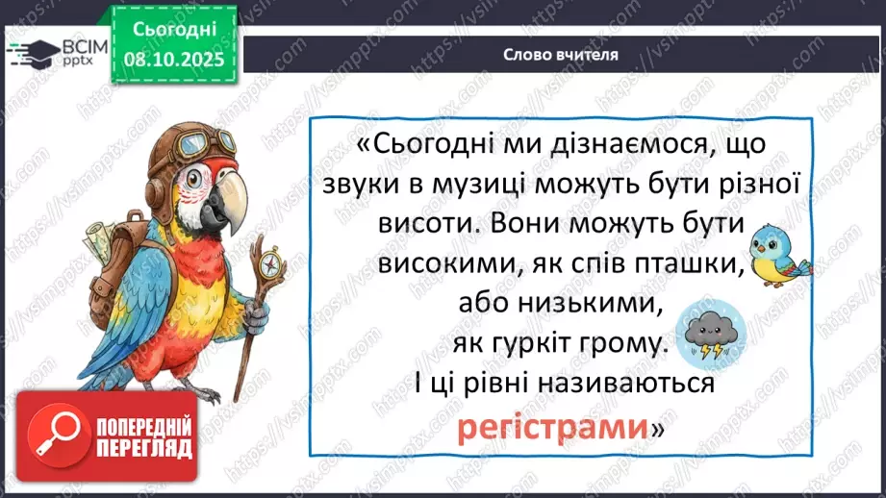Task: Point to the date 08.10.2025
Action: coord(174,57)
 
